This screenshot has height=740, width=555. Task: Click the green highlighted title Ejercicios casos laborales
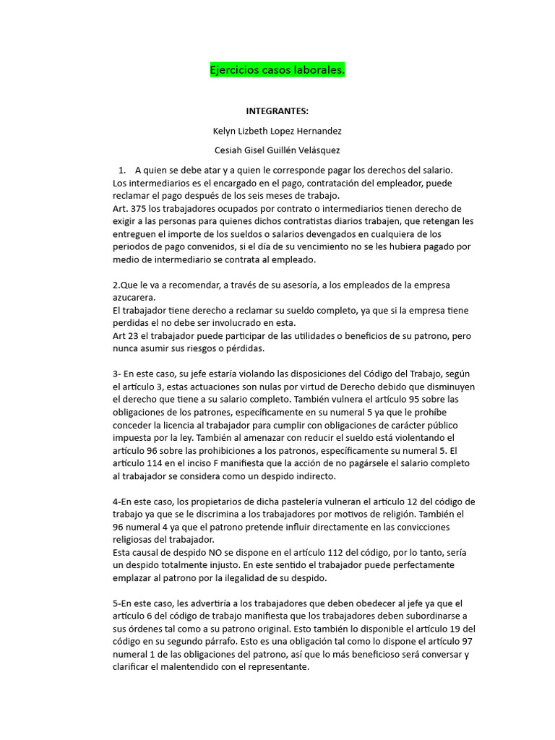[277, 71]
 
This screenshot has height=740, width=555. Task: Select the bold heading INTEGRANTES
[277, 111]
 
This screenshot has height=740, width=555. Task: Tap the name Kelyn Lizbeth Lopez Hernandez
[277, 131]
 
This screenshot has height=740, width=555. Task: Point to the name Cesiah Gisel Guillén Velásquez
[277, 150]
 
